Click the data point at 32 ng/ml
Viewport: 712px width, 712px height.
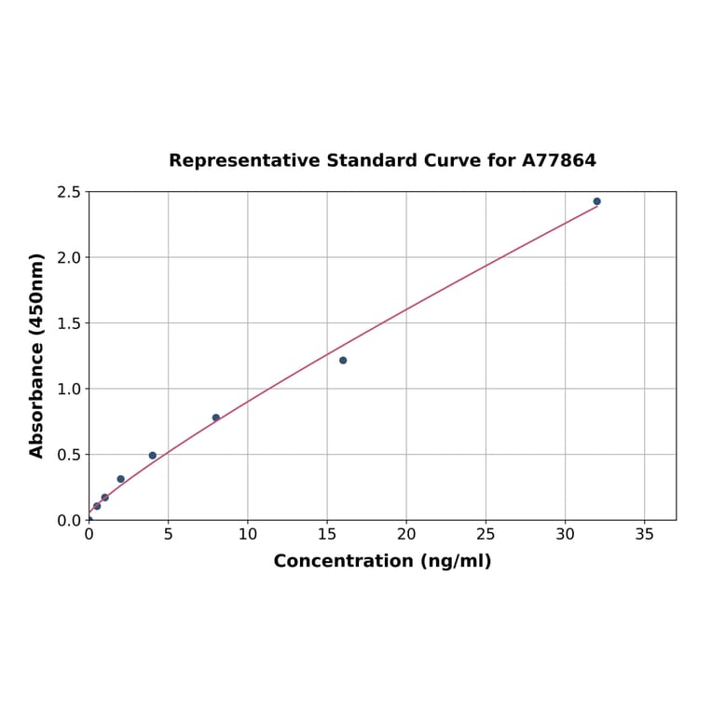coord(596,201)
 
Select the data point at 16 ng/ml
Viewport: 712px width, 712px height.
coord(343,361)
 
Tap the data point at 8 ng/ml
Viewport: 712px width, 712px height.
coord(216,418)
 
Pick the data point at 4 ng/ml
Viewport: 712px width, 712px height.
coord(153,456)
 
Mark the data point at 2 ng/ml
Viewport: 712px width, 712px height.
coord(120,479)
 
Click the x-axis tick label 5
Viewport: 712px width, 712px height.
coord(168,535)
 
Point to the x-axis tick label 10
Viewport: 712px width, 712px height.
coord(248,535)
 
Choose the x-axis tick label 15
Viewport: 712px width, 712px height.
coord(327,535)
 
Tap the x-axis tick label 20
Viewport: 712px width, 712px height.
coord(406,535)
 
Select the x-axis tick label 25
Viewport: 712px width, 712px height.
coord(486,535)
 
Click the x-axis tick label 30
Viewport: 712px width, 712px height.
coord(565,535)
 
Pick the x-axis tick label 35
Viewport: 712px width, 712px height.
coord(644,535)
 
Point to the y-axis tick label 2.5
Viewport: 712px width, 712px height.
coord(69,192)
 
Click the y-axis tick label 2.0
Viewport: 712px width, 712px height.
coord(69,257)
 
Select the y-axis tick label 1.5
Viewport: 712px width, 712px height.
coord(69,323)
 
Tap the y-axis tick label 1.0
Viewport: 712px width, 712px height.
coord(69,389)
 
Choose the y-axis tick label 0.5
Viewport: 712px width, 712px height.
coord(69,455)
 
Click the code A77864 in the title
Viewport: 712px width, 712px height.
coord(558,160)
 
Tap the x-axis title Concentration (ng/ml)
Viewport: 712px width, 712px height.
coord(382,561)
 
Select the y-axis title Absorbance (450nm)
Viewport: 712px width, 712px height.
coord(37,355)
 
